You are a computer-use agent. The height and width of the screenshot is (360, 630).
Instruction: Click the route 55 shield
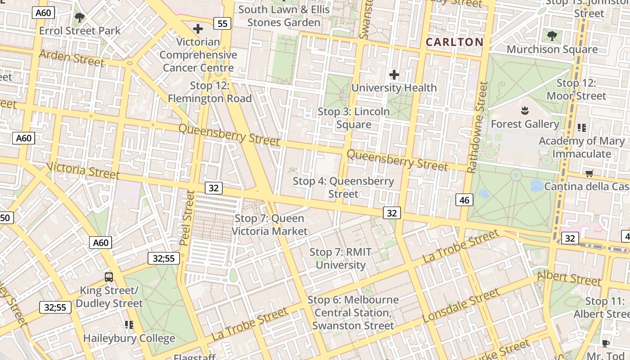(x=222, y=23)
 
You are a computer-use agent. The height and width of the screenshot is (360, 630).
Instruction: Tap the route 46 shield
(x=464, y=200)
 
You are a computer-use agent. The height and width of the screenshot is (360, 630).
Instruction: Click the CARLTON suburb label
(x=454, y=42)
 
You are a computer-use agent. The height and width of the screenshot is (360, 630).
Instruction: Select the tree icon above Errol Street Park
(x=80, y=18)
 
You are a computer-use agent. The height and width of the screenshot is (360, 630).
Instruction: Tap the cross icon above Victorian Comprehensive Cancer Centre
(x=198, y=29)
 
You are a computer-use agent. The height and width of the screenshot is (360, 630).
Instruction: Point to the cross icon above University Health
(x=394, y=75)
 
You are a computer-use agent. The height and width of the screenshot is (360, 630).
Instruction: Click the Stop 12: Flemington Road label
(x=210, y=92)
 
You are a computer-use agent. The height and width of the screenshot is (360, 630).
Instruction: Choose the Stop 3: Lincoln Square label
(x=354, y=118)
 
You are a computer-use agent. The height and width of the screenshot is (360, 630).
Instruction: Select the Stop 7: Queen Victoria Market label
(x=270, y=225)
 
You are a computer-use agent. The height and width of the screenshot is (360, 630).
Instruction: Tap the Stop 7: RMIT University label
(x=341, y=259)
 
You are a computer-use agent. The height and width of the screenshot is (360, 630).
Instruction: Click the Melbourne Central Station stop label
(x=353, y=312)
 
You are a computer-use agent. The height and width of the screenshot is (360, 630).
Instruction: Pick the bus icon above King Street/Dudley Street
(x=109, y=277)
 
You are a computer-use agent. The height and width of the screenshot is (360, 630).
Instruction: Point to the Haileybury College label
(x=129, y=338)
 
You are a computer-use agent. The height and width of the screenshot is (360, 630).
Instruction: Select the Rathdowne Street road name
(x=478, y=127)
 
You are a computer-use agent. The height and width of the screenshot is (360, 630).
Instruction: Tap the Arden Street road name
(x=72, y=58)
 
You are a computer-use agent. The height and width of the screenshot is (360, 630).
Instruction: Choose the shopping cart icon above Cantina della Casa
(x=589, y=173)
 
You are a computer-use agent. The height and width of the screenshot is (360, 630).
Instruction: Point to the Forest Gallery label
(x=525, y=124)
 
